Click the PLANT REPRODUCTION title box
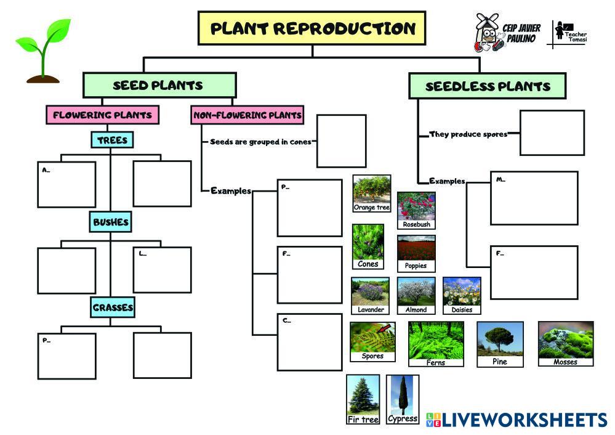click(312, 28)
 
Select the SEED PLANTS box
click(159, 86)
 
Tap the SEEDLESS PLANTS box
click(487, 86)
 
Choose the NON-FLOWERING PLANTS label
click(247, 115)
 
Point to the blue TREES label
click(112, 140)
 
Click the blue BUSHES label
click(111, 222)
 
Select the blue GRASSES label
click(113, 307)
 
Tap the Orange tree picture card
click(372, 193)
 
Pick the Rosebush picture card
click(416, 210)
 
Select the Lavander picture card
click(371, 295)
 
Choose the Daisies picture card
click(462, 295)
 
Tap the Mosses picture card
click(566, 343)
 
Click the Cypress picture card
click(403, 399)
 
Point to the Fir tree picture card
click(363, 399)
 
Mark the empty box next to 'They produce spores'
click(552, 132)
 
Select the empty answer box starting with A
click(66, 184)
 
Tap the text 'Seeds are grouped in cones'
click(260, 142)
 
